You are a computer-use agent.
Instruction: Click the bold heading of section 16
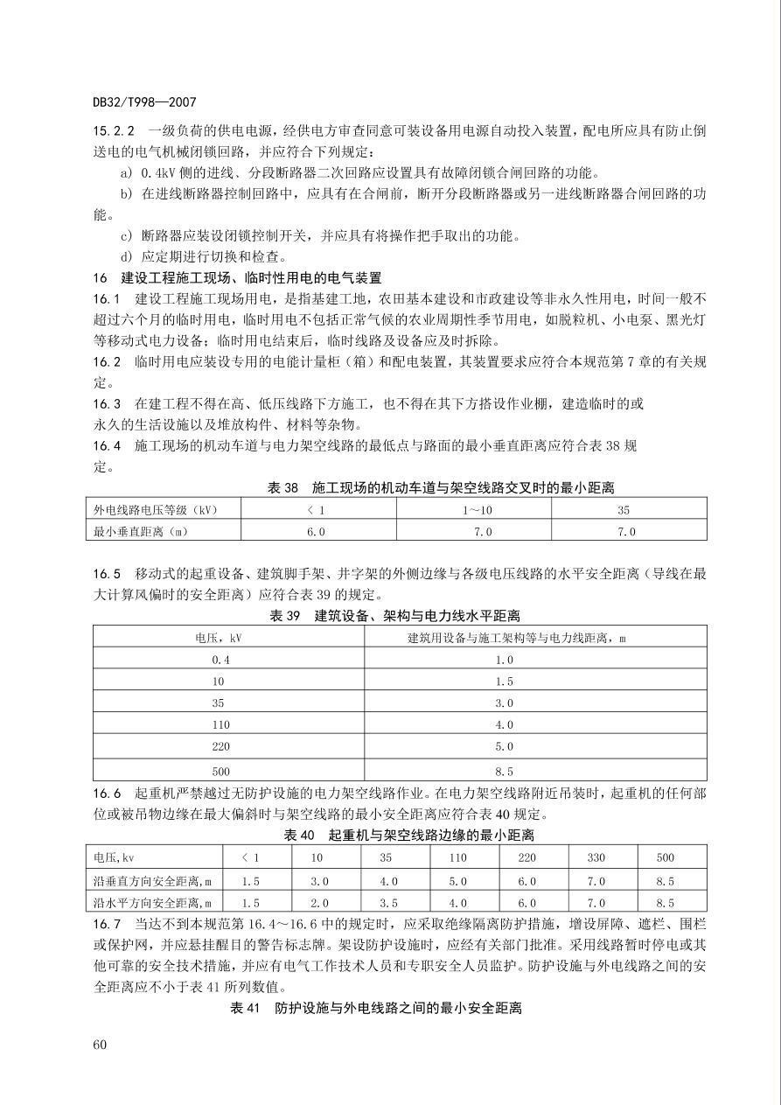coord(237,277)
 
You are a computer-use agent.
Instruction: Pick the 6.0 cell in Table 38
coord(316,531)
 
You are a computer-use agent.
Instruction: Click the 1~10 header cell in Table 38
coord(478,508)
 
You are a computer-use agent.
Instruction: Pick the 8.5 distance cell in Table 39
coord(505,771)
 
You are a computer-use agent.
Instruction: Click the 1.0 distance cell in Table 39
coord(505,660)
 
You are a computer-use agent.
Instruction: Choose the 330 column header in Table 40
coord(596,857)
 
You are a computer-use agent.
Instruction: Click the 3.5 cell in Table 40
coord(387,902)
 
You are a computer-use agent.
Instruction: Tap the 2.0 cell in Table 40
coord(319,902)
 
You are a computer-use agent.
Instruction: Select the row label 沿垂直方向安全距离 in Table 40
coord(154,880)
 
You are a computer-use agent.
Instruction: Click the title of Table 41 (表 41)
coord(376,1008)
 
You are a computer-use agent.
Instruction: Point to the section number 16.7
coord(108,923)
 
